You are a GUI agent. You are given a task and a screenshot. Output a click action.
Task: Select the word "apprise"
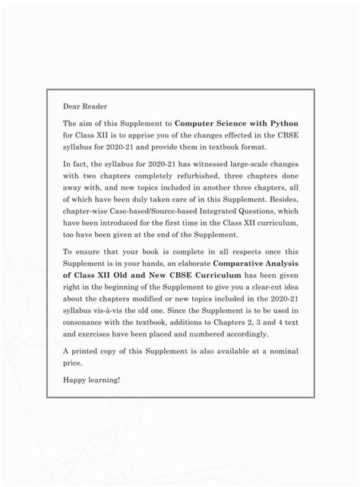pyautogui.click(x=144, y=136)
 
